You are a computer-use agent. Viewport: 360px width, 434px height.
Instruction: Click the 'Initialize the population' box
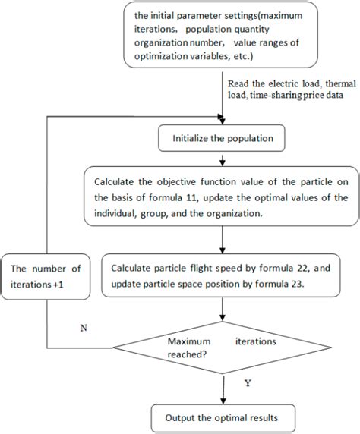click(220, 139)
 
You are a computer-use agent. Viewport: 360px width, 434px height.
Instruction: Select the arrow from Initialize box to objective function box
click(222, 159)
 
